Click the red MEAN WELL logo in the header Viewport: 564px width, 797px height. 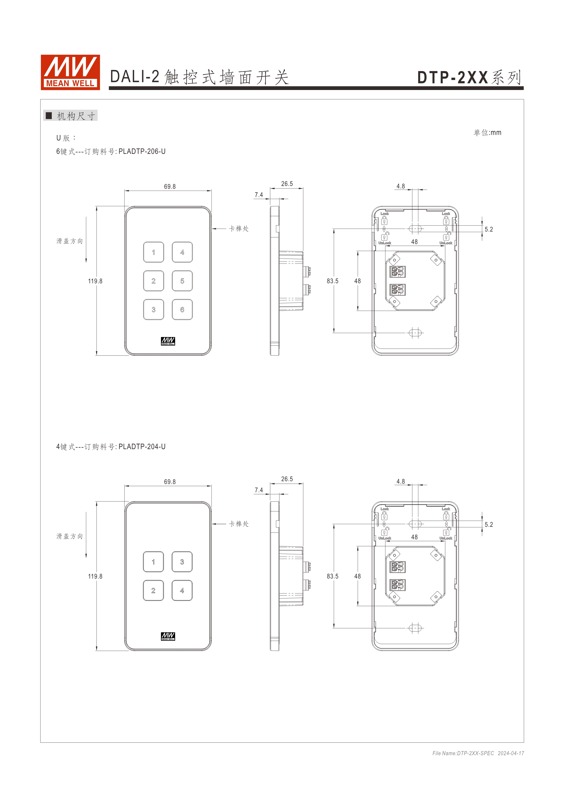[70, 72]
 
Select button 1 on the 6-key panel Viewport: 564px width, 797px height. [154, 252]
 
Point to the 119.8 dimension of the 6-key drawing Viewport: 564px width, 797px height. [95, 281]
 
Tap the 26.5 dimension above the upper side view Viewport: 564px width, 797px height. [287, 184]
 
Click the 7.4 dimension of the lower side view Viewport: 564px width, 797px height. [259, 490]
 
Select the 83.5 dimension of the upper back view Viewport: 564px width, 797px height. [332, 281]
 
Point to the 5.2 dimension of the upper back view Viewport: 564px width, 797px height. [489, 230]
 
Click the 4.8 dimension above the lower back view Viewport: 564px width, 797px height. [400, 482]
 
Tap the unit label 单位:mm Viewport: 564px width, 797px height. [487, 132]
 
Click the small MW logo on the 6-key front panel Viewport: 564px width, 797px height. [168, 341]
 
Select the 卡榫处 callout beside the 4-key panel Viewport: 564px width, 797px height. [239, 524]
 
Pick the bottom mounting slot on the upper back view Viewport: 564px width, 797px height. [415, 333]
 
